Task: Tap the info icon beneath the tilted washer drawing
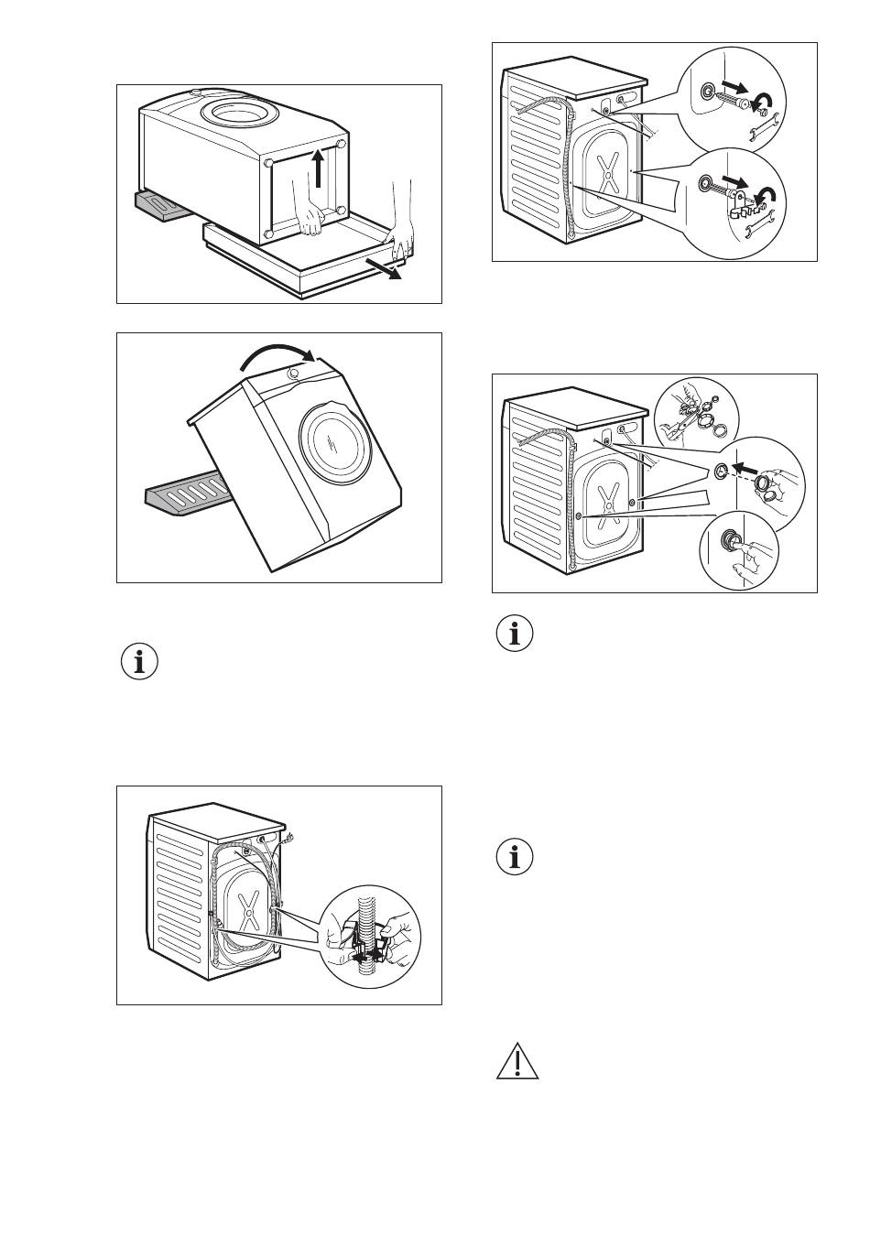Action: [139, 662]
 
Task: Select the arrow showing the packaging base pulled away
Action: [382, 269]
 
